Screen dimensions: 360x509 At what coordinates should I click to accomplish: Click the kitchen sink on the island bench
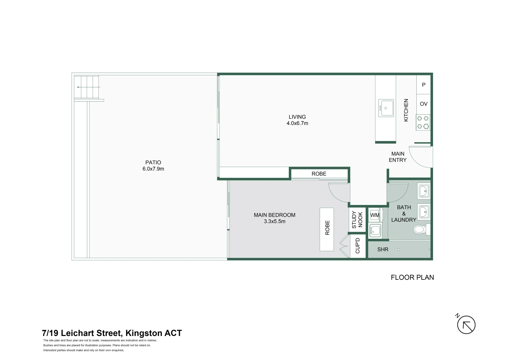click(386, 108)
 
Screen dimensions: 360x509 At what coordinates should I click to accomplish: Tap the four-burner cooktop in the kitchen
click(423, 122)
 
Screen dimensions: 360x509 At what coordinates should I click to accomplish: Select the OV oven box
click(423, 104)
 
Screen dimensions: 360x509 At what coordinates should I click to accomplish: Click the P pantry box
click(423, 85)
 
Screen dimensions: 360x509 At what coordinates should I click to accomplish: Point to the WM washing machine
click(375, 215)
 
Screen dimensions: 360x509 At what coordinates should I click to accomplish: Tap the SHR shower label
click(383, 249)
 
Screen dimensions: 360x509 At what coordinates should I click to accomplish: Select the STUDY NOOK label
click(357, 219)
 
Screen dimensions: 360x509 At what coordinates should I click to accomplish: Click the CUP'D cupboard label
click(357, 246)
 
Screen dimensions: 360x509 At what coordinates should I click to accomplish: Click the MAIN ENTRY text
click(398, 157)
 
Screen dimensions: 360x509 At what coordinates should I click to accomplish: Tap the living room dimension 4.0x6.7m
click(297, 123)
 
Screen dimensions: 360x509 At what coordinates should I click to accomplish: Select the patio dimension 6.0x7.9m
click(153, 169)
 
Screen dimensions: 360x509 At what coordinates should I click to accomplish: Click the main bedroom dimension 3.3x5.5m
click(274, 221)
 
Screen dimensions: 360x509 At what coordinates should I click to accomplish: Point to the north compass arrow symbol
click(466, 325)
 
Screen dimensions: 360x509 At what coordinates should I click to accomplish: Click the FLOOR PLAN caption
click(412, 277)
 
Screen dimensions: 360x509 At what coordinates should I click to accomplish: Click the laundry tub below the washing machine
click(375, 230)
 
